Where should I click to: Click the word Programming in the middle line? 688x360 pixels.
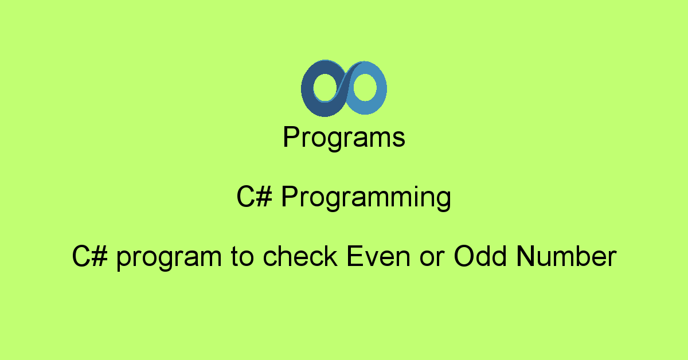coord(366,198)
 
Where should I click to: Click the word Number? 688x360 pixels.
coord(566,257)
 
